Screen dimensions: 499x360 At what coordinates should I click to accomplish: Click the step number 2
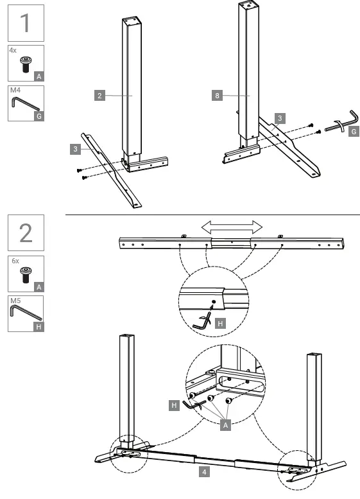click(26, 232)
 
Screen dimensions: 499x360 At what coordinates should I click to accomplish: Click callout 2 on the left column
click(99, 96)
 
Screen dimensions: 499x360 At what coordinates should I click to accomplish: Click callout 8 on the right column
click(218, 96)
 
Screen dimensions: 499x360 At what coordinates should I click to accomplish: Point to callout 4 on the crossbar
click(204, 471)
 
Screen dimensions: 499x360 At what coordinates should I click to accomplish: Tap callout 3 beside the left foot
click(76, 149)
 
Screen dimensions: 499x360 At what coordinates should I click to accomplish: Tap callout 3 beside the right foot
click(279, 118)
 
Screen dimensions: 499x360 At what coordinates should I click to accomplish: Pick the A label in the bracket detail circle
click(225, 426)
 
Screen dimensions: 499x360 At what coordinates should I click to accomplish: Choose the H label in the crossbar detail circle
click(221, 324)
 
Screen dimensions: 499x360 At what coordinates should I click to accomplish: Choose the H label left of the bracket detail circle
click(174, 405)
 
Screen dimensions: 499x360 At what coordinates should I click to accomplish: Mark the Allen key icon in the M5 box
click(26, 314)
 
